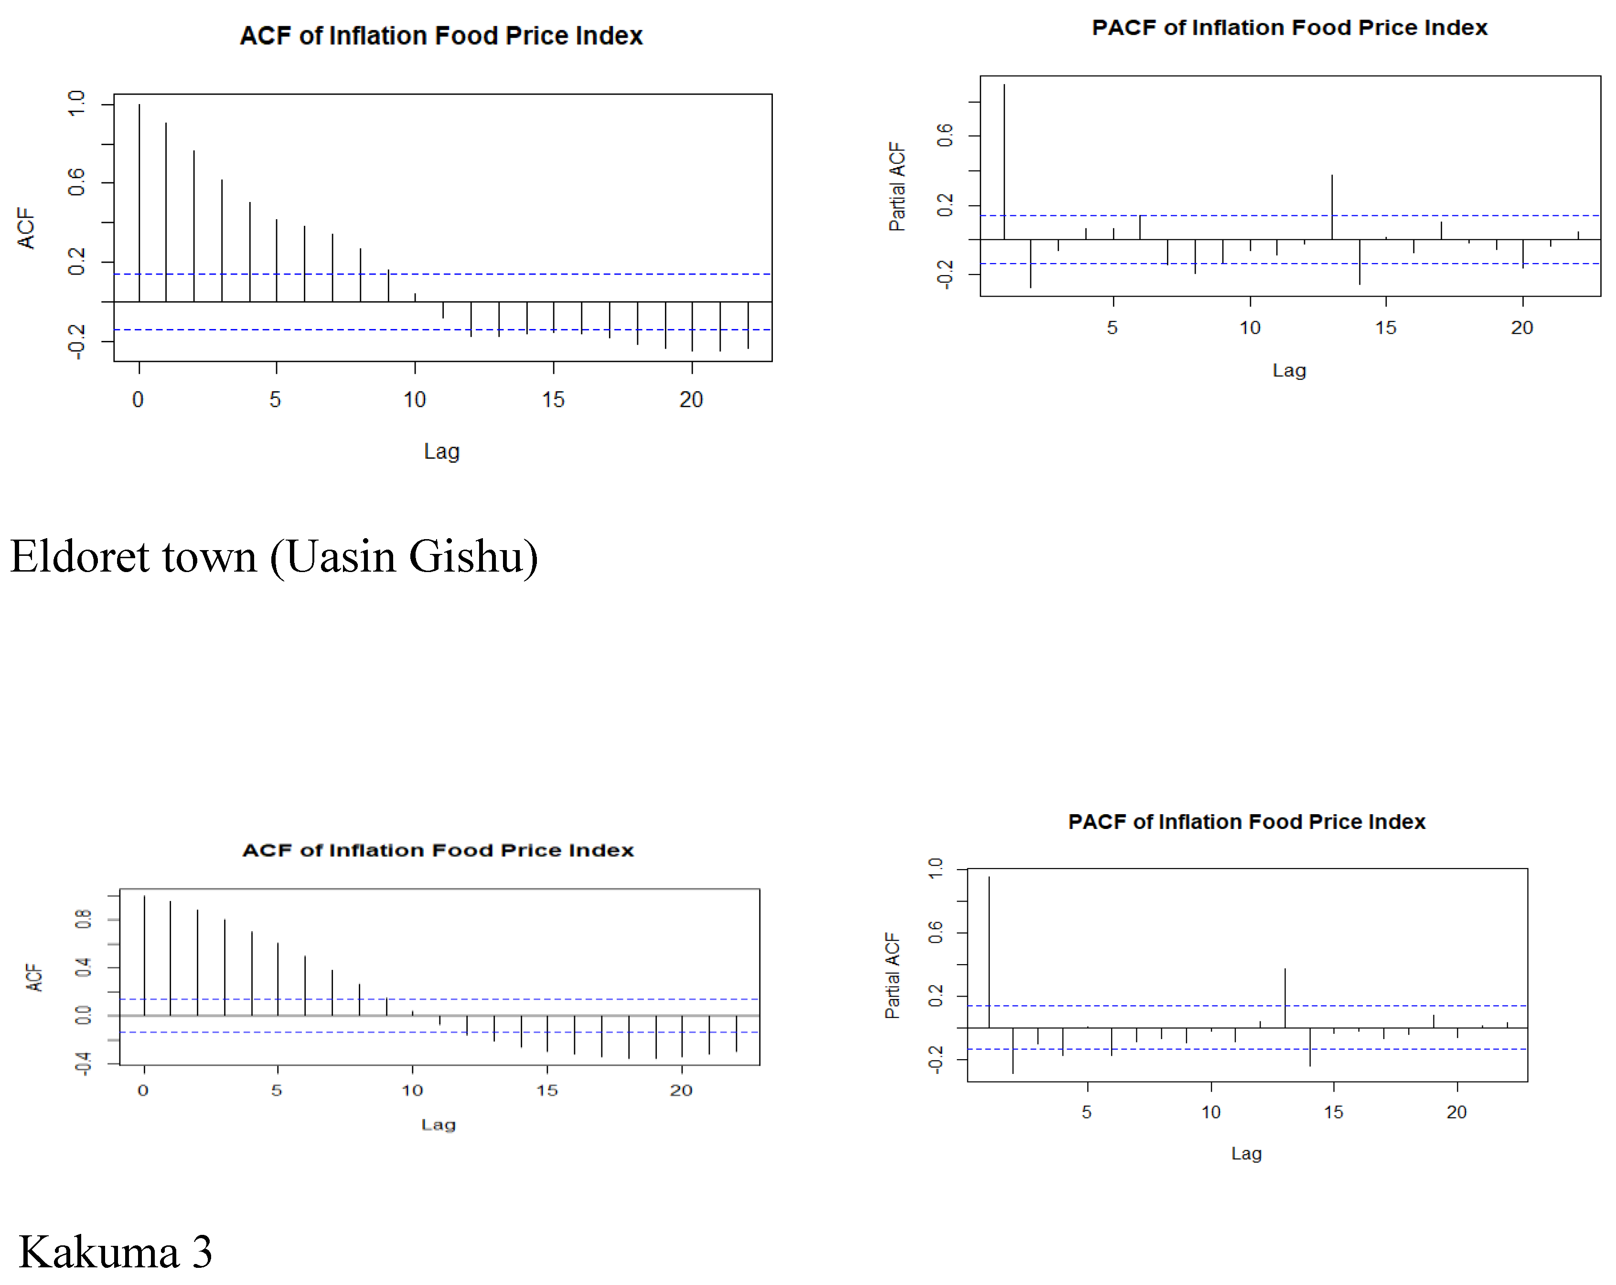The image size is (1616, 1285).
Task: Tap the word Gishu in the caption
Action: point(473,557)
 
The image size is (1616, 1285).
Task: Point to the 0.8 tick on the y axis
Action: point(83,919)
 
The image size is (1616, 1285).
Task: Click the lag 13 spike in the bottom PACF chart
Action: point(1284,998)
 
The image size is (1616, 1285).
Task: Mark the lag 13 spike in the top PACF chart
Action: point(1332,207)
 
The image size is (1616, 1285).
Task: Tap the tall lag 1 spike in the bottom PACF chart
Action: point(989,952)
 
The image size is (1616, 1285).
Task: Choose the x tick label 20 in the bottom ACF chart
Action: point(681,1090)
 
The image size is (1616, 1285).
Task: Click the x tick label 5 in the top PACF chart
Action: point(1113,328)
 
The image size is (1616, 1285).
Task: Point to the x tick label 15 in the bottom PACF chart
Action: point(1333,1112)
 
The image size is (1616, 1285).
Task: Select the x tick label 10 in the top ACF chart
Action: point(415,399)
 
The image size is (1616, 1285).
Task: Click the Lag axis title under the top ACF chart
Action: point(441,451)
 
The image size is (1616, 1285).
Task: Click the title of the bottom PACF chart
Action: point(1246,822)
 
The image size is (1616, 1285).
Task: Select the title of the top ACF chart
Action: point(441,36)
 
